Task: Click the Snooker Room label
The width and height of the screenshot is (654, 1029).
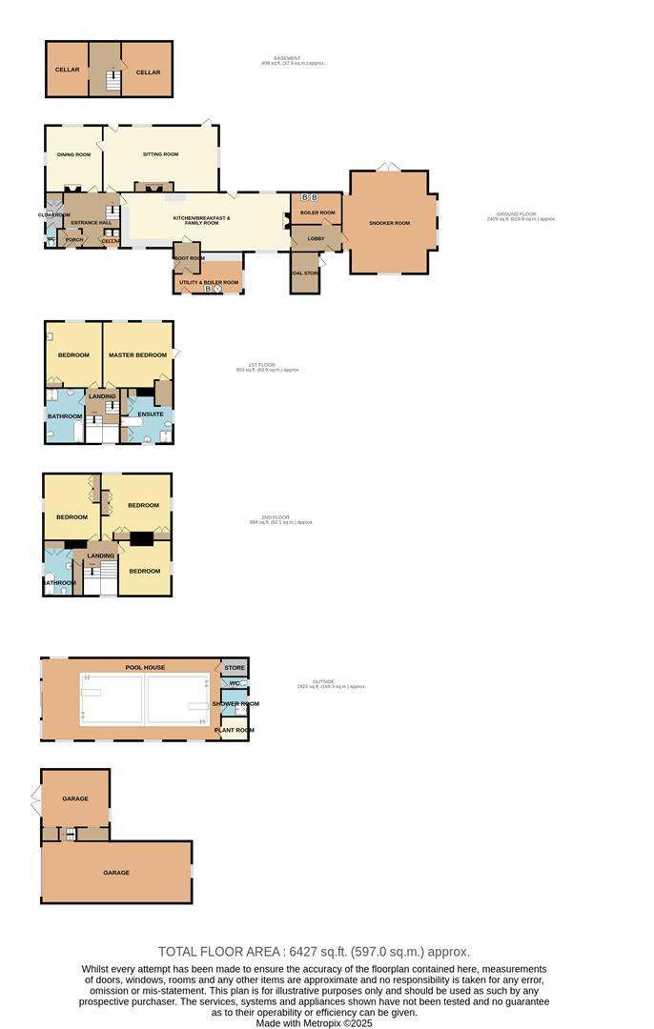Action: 389,223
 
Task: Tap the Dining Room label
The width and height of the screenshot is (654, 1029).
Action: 73,154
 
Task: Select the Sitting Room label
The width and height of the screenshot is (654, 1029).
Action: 160,154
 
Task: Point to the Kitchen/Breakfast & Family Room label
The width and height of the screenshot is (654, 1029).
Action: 201,220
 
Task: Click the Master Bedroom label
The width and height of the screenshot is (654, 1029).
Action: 138,355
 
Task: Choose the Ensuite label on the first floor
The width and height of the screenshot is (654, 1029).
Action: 151,414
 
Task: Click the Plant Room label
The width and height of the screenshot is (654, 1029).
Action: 234,730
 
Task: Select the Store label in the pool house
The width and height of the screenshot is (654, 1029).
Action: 235,668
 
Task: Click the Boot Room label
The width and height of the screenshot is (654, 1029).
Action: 188,258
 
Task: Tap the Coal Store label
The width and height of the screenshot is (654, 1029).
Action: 306,273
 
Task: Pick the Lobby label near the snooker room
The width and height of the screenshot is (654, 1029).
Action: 316,238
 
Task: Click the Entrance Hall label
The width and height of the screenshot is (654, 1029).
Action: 92,223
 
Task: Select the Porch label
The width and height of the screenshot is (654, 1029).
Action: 74,240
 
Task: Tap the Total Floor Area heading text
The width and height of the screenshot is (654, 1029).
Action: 314,951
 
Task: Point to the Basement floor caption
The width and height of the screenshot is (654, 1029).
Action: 294,61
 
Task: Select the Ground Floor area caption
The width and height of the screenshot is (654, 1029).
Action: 521,216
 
